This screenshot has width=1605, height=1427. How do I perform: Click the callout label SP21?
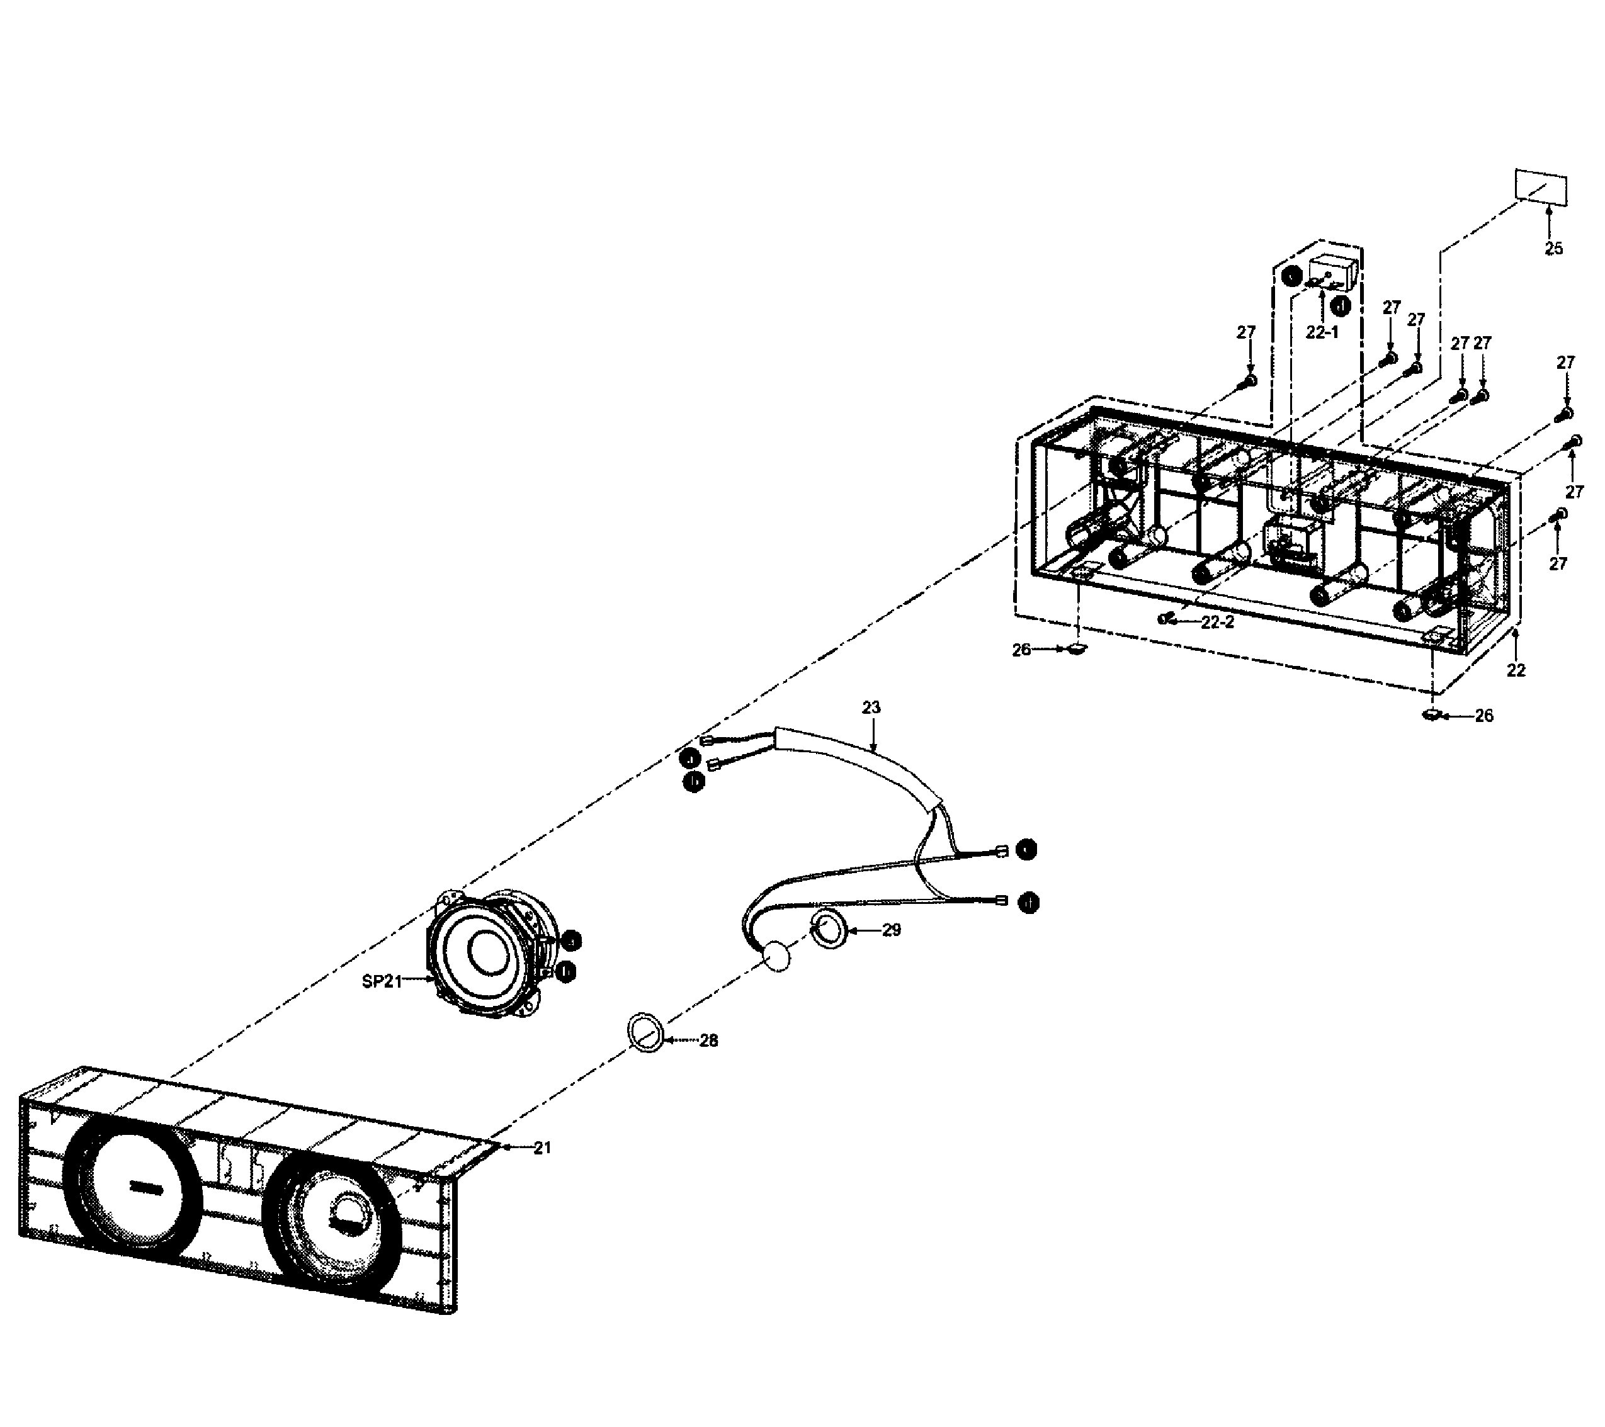pos(382,981)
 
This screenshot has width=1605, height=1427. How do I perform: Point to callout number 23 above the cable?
pos(871,708)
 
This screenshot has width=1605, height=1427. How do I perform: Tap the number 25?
pos(1553,249)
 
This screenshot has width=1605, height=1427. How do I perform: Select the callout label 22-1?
pos(1322,332)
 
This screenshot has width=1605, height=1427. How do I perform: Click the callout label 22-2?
pos(1217,623)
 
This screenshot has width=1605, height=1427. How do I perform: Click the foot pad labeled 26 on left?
pos(1077,648)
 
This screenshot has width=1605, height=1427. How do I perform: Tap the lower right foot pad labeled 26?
pos(1432,714)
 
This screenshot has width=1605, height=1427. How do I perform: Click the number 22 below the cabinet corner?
pos(1516,670)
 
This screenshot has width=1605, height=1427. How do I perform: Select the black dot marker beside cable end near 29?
pos(1028,903)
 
